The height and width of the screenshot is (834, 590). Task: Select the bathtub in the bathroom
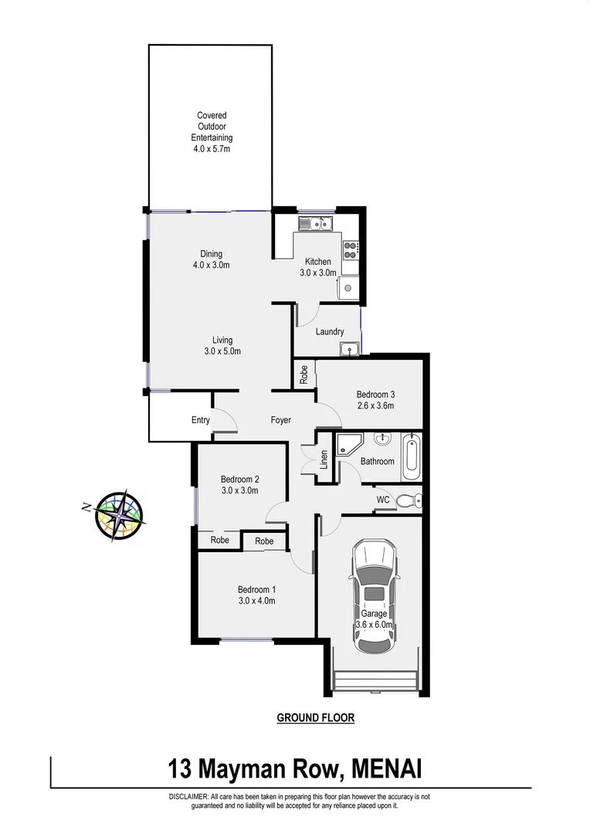tap(411, 456)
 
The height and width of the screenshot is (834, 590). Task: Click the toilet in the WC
tap(407, 502)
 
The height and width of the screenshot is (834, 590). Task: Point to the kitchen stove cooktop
tap(350, 248)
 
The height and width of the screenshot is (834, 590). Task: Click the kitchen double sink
tap(316, 225)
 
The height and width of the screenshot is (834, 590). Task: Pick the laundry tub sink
tap(351, 349)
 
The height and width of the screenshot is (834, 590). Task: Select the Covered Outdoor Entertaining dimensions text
tap(211, 149)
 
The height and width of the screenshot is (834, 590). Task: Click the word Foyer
tap(280, 420)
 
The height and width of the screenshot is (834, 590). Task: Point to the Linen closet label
tap(324, 459)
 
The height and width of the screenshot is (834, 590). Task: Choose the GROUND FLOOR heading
tap(316, 717)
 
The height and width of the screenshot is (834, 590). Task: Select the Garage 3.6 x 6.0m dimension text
tap(375, 625)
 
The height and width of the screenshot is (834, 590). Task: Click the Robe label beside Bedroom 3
tap(304, 375)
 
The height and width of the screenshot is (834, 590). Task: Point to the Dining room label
tap(211, 254)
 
